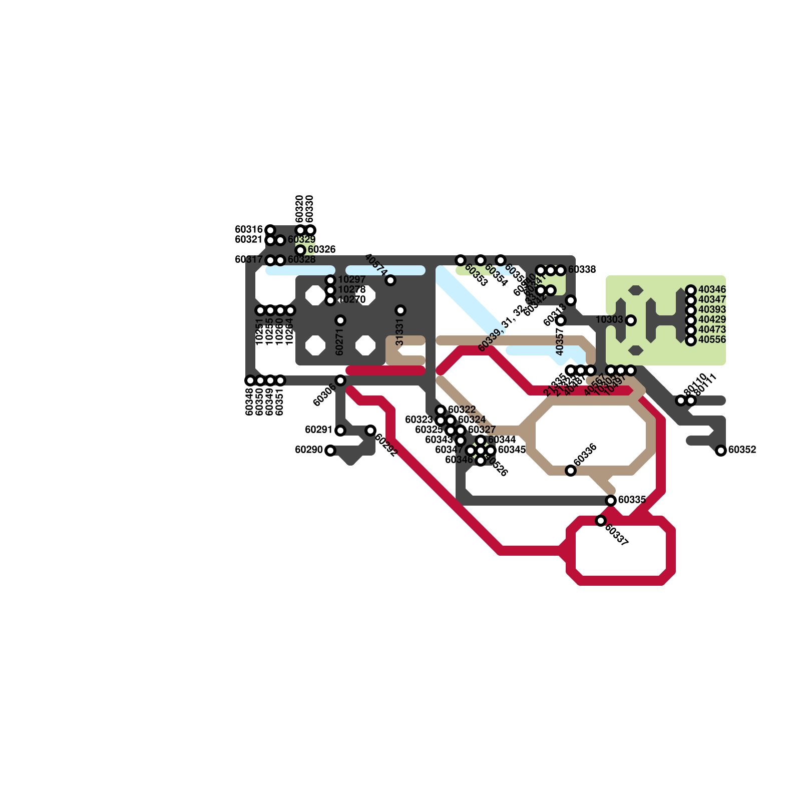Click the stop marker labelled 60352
(x=721, y=451)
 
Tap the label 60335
(x=632, y=500)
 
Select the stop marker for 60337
(x=601, y=521)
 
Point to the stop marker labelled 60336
(x=571, y=471)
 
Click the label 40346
(x=712, y=289)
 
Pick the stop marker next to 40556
(x=691, y=340)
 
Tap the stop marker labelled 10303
(x=631, y=320)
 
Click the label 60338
(x=582, y=269)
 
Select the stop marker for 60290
(x=330, y=451)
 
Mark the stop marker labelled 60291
(x=340, y=431)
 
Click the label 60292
(x=386, y=445)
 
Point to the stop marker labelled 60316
(x=270, y=230)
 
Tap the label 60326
(x=321, y=249)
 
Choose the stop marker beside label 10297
(x=330, y=280)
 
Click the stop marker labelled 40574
(x=390, y=280)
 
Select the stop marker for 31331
(x=400, y=310)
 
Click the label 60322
(x=462, y=410)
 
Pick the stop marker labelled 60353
(x=461, y=260)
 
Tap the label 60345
(x=512, y=450)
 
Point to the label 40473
(x=712, y=329)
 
